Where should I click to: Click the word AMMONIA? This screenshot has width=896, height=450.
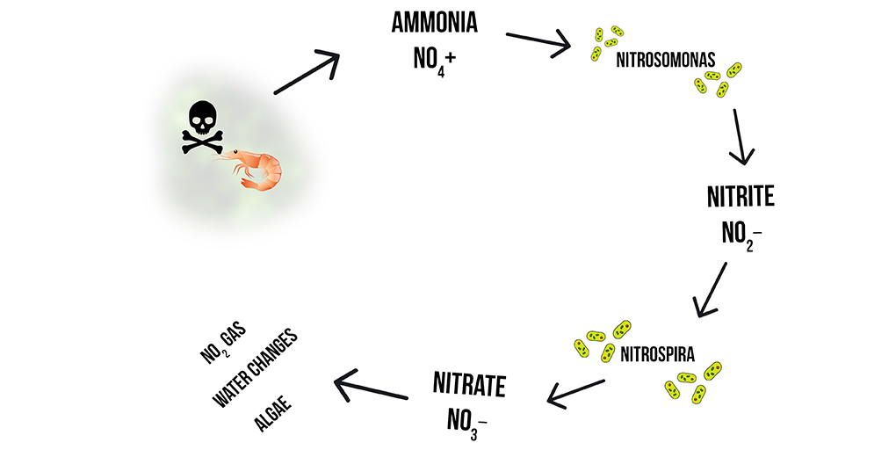pyautogui.click(x=434, y=23)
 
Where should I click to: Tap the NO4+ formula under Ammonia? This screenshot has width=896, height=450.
pyautogui.click(x=434, y=61)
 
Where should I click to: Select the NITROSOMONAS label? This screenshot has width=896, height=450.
pyautogui.click(x=665, y=62)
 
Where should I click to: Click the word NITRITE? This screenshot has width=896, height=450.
pyautogui.click(x=741, y=196)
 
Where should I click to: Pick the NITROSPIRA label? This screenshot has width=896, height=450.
pyautogui.click(x=657, y=356)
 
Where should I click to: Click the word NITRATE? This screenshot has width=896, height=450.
pyautogui.click(x=469, y=384)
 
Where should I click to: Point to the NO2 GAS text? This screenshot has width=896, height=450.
pyautogui.click(x=225, y=344)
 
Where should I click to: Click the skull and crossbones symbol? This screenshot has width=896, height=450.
pyautogui.click(x=201, y=127)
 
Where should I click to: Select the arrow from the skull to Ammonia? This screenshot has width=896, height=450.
pyautogui.click(x=307, y=72)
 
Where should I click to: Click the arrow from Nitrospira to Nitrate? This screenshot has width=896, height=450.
pyautogui.click(x=575, y=392)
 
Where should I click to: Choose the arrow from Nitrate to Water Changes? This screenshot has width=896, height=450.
pyautogui.click(x=372, y=388)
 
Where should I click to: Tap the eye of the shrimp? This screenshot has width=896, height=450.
pyautogui.click(x=235, y=155)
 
